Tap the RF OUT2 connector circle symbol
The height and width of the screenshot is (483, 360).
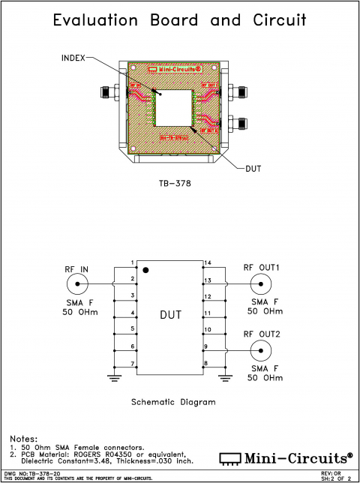(x=259, y=350)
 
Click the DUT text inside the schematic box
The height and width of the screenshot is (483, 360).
(x=170, y=316)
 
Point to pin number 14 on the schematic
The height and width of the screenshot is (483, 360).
(x=207, y=262)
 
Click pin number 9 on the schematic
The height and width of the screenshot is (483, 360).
(x=207, y=346)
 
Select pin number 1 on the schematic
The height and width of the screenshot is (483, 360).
(x=132, y=262)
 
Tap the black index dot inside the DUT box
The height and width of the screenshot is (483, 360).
(x=148, y=268)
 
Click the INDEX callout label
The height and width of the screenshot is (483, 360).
(x=73, y=57)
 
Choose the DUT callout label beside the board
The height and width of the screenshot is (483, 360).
(x=253, y=169)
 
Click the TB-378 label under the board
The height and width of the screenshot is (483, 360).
(x=175, y=182)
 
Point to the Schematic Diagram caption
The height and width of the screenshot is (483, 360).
(x=173, y=402)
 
